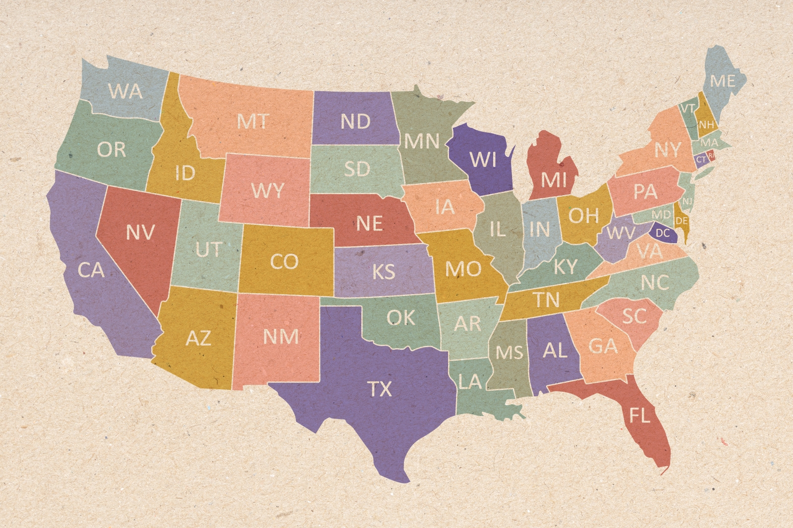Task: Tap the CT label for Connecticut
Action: coord(701,160)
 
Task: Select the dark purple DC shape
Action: coord(663,233)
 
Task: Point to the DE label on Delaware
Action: coord(682,220)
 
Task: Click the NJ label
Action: coord(687,202)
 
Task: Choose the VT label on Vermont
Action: coord(687,108)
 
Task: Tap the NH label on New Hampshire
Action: coord(706,124)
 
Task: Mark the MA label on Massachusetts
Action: coord(709,143)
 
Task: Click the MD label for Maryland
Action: coord(661,214)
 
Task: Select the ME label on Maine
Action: coord(722,81)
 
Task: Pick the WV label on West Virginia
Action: coord(621,232)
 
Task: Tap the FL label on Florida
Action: coord(639,415)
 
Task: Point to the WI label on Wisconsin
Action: coord(482,159)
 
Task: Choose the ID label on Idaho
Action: coord(185,173)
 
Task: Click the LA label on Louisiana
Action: coord(470,381)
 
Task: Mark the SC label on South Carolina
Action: coord(634,316)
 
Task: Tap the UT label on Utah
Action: coord(208,250)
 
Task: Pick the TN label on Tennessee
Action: coord(546,299)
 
